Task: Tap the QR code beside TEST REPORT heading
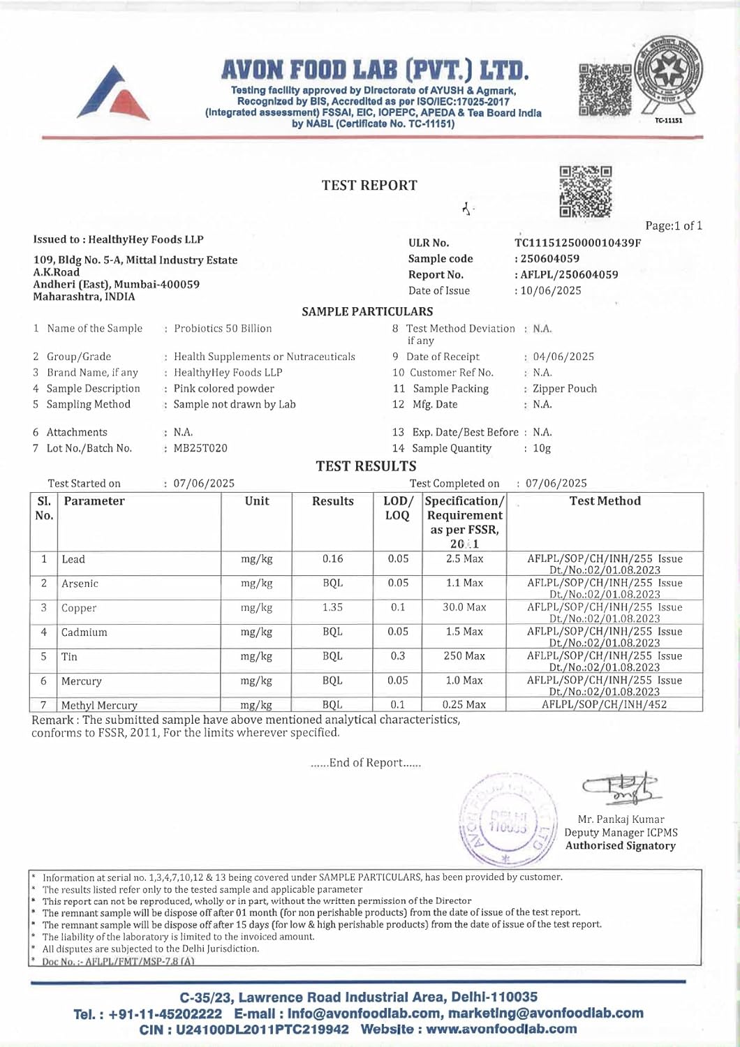click(x=586, y=191)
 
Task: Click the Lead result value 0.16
click(x=333, y=558)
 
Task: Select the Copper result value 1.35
click(x=333, y=607)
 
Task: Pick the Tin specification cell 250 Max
click(x=464, y=656)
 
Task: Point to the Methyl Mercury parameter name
click(x=99, y=705)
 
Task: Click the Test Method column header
click(x=605, y=501)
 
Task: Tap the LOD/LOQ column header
click(x=398, y=508)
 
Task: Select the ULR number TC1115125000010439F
click(x=577, y=243)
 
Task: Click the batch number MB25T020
click(x=200, y=448)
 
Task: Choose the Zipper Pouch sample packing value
click(x=565, y=389)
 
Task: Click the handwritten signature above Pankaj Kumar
click(x=619, y=788)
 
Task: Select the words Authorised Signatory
click(x=621, y=846)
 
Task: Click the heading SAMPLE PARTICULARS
click(x=367, y=311)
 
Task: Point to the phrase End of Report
click(x=366, y=763)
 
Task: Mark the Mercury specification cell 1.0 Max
click(x=464, y=681)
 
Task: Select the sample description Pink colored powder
click(x=224, y=389)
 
